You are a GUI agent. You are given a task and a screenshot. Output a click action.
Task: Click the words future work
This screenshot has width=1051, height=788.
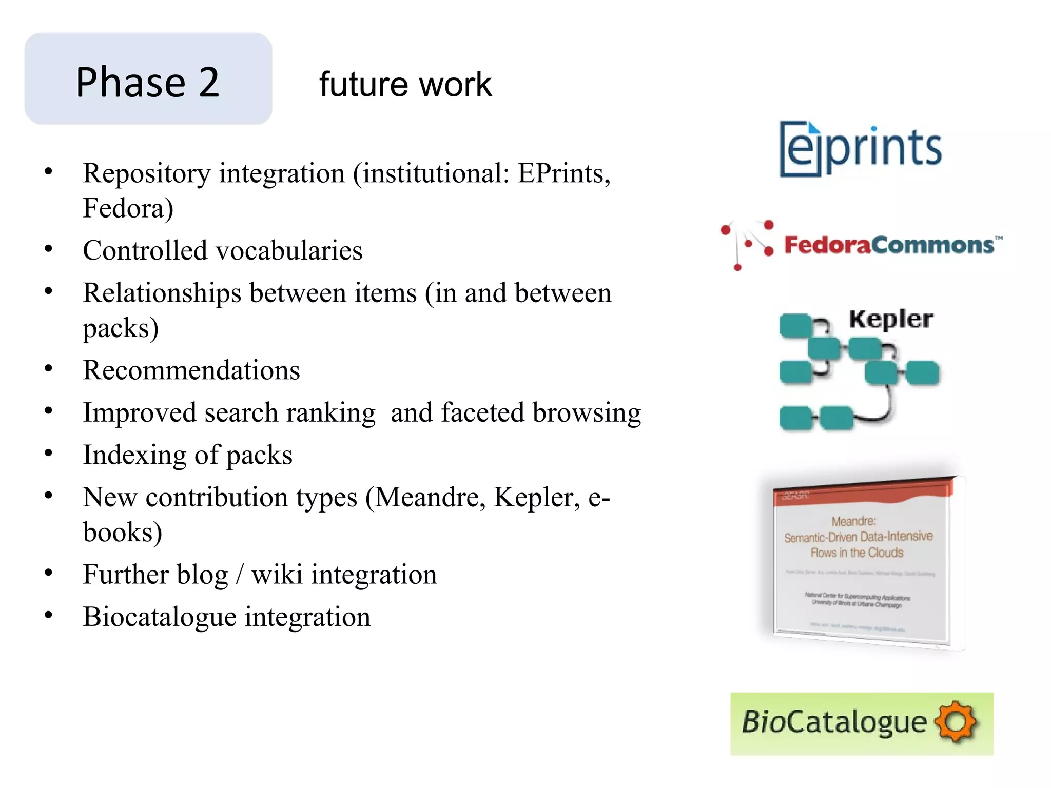point(405,85)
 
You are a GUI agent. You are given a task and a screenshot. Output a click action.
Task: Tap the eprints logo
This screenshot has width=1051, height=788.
point(861,148)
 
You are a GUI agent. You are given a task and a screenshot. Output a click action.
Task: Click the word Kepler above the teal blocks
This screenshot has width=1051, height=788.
point(890,319)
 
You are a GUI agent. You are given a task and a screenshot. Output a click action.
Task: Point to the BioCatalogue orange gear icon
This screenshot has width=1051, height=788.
point(955,722)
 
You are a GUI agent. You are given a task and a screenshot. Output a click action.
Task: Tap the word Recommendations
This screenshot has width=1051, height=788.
point(191,370)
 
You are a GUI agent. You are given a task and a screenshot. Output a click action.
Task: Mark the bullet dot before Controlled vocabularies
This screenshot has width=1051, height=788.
point(49,249)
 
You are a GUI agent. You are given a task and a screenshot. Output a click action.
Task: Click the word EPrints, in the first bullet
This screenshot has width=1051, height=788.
point(563,173)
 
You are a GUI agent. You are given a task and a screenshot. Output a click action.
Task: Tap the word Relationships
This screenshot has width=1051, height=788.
point(162,293)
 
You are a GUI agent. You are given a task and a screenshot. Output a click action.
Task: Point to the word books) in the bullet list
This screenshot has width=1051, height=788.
point(123,533)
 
